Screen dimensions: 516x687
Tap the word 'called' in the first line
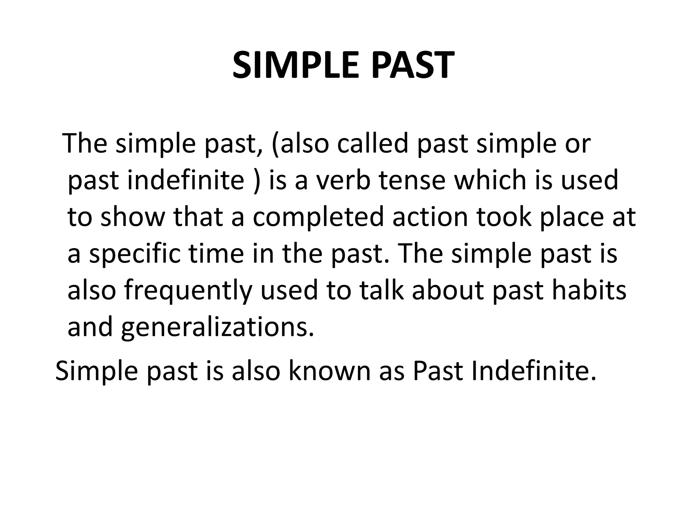tap(373, 143)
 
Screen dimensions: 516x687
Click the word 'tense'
tap(412, 180)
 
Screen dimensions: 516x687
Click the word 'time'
tap(216, 254)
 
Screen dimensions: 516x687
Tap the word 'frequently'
tap(188, 291)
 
